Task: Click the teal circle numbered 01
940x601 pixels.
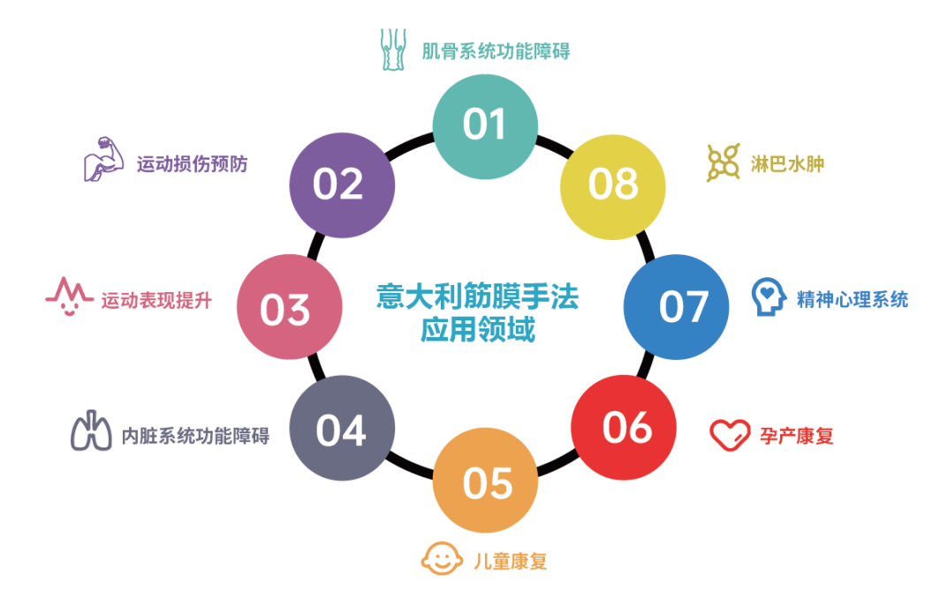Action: pos(485,126)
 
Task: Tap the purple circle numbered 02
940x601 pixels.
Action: pos(342,185)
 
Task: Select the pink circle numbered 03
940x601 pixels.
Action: pos(290,306)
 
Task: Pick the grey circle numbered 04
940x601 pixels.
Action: pos(342,428)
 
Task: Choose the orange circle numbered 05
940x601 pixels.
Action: pos(485,480)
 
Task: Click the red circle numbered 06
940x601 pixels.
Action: pos(624,427)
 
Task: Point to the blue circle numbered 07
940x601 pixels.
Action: pos(676,306)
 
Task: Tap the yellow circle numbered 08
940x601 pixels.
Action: pos(613,187)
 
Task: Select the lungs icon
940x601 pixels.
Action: pos(91,431)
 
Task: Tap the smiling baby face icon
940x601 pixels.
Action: pos(442,559)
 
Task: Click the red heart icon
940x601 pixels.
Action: pos(730,434)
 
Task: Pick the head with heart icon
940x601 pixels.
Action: pos(769,297)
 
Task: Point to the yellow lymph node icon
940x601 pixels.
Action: pos(723,162)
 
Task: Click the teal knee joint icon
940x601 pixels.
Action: pos(393,49)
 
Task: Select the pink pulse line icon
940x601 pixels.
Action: pos(70,297)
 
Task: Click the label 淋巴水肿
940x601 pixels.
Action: pos(787,164)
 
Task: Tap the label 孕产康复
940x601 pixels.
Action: pos(797,436)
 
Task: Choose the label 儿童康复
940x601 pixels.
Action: pos(511,561)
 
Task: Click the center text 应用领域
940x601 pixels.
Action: pos(478,329)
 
